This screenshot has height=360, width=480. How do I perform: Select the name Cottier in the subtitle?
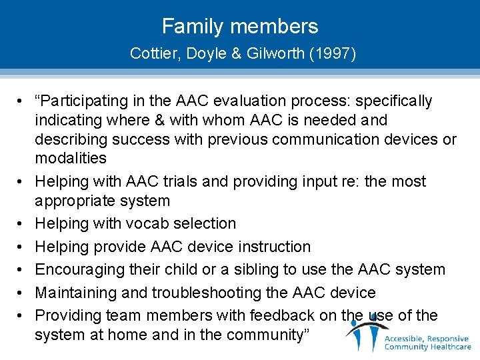click(x=150, y=53)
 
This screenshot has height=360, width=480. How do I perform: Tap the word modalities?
click(x=71, y=158)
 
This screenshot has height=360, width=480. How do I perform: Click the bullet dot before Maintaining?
click(x=21, y=293)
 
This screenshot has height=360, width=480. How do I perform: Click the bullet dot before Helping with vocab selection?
click(x=21, y=223)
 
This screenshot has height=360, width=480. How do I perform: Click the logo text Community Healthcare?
click(x=427, y=346)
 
